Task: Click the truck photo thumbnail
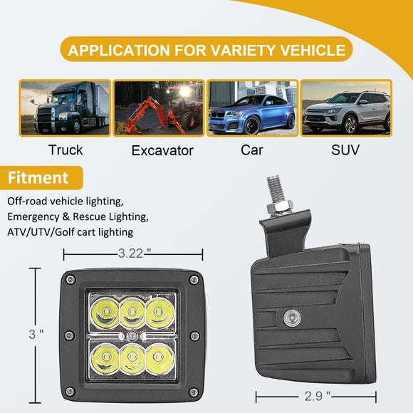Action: (x=65, y=108)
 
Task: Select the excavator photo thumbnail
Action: (x=159, y=108)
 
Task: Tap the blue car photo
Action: (x=252, y=108)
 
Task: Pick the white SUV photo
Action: (x=346, y=108)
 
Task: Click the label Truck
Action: (x=66, y=150)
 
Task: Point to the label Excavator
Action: (x=162, y=150)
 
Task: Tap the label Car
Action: (x=251, y=150)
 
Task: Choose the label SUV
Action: (x=345, y=150)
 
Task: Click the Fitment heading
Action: (x=38, y=177)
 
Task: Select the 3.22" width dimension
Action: (x=133, y=253)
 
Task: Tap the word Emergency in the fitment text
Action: (x=37, y=216)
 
